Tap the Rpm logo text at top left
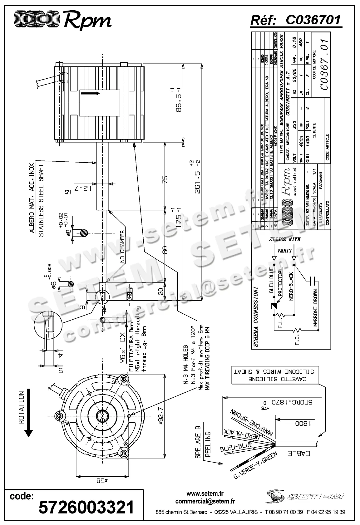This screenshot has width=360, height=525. pyautogui.click(x=87, y=21)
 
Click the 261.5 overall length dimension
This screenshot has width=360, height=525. pyautogui.click(x=197, y=177)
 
